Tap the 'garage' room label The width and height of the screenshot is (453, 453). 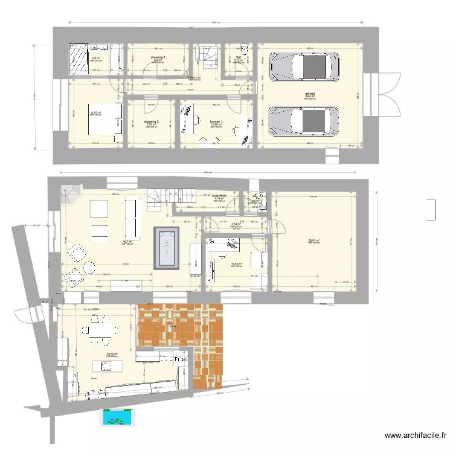click(x=310, y=94)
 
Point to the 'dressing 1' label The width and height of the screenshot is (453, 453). click(x=158, y=57)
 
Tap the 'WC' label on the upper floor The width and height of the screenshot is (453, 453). click(x=239, y=58)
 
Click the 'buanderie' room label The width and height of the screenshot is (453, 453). click(x=220, y=195)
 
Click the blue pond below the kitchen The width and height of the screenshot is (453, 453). click(x=117, y=416)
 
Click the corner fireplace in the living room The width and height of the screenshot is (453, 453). click(x=71, y=195)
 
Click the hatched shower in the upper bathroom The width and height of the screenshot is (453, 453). click(x=79, y=57)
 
